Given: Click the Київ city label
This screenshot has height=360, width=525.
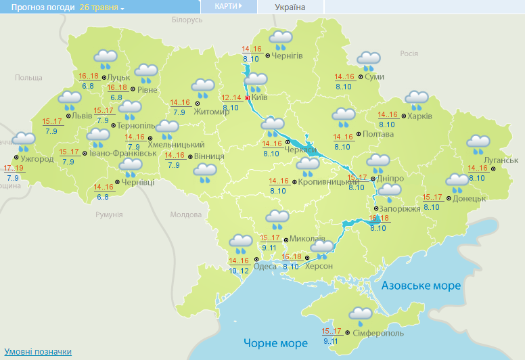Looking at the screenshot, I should click(x=260, y=99).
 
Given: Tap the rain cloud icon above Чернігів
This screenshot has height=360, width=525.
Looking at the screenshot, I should click(x=280, y=40).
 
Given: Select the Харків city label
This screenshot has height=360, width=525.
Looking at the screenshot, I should click(x=419, y=116).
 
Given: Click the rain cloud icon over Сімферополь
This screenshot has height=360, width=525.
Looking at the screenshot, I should click(x=360, y=316).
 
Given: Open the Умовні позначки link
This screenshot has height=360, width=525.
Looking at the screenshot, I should click(x=38, y=352).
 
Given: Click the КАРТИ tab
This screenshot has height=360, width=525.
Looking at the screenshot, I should click(x=228, y=6).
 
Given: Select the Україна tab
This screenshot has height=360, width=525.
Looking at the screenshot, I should click(x=290, y=7).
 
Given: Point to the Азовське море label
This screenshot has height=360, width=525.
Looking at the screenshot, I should click(x=421, y=286).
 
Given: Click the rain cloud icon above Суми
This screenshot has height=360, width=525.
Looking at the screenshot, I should click(x=368, y=60).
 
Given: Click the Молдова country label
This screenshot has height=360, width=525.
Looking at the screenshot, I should click(x=182, y=215).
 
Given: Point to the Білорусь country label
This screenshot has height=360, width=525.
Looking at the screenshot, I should click(x=187, y=20).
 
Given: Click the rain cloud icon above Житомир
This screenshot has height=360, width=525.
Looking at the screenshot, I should click(x=202, y=88).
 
